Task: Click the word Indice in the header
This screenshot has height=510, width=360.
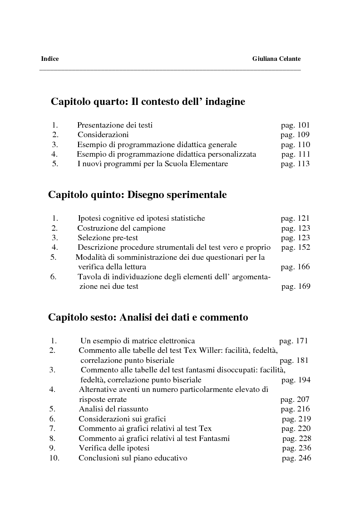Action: [x=50, y=59]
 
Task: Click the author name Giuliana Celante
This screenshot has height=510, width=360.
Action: [x=276, y=59]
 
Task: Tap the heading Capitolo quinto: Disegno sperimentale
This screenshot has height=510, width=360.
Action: [x=138, y=195]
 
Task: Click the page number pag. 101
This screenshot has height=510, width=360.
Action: [x=295, y=125]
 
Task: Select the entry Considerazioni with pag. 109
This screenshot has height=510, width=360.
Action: [x=103, y=134]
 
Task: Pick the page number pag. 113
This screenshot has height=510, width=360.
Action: [x=295, y=164]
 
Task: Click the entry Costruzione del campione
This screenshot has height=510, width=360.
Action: [x=121, y=228]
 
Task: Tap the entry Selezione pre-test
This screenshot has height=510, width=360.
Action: [x=108, y=238]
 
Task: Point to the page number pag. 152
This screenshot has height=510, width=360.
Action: [x=296, y=248]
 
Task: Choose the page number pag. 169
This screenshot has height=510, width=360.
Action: [x=296, y=287]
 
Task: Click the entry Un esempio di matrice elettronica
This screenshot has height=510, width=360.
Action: [x=138, y=341]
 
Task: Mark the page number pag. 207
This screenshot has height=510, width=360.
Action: [x=295, y=400]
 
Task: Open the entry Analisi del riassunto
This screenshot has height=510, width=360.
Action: [x=113, y=409]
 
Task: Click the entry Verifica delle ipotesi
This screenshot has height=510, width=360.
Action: [x=114, y=448]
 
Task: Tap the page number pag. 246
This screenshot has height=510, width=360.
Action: [x=296, y=458]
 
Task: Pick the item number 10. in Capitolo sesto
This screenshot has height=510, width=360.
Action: [x=54, y=458]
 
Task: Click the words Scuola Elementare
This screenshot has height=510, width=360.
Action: [x=199, y=164]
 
